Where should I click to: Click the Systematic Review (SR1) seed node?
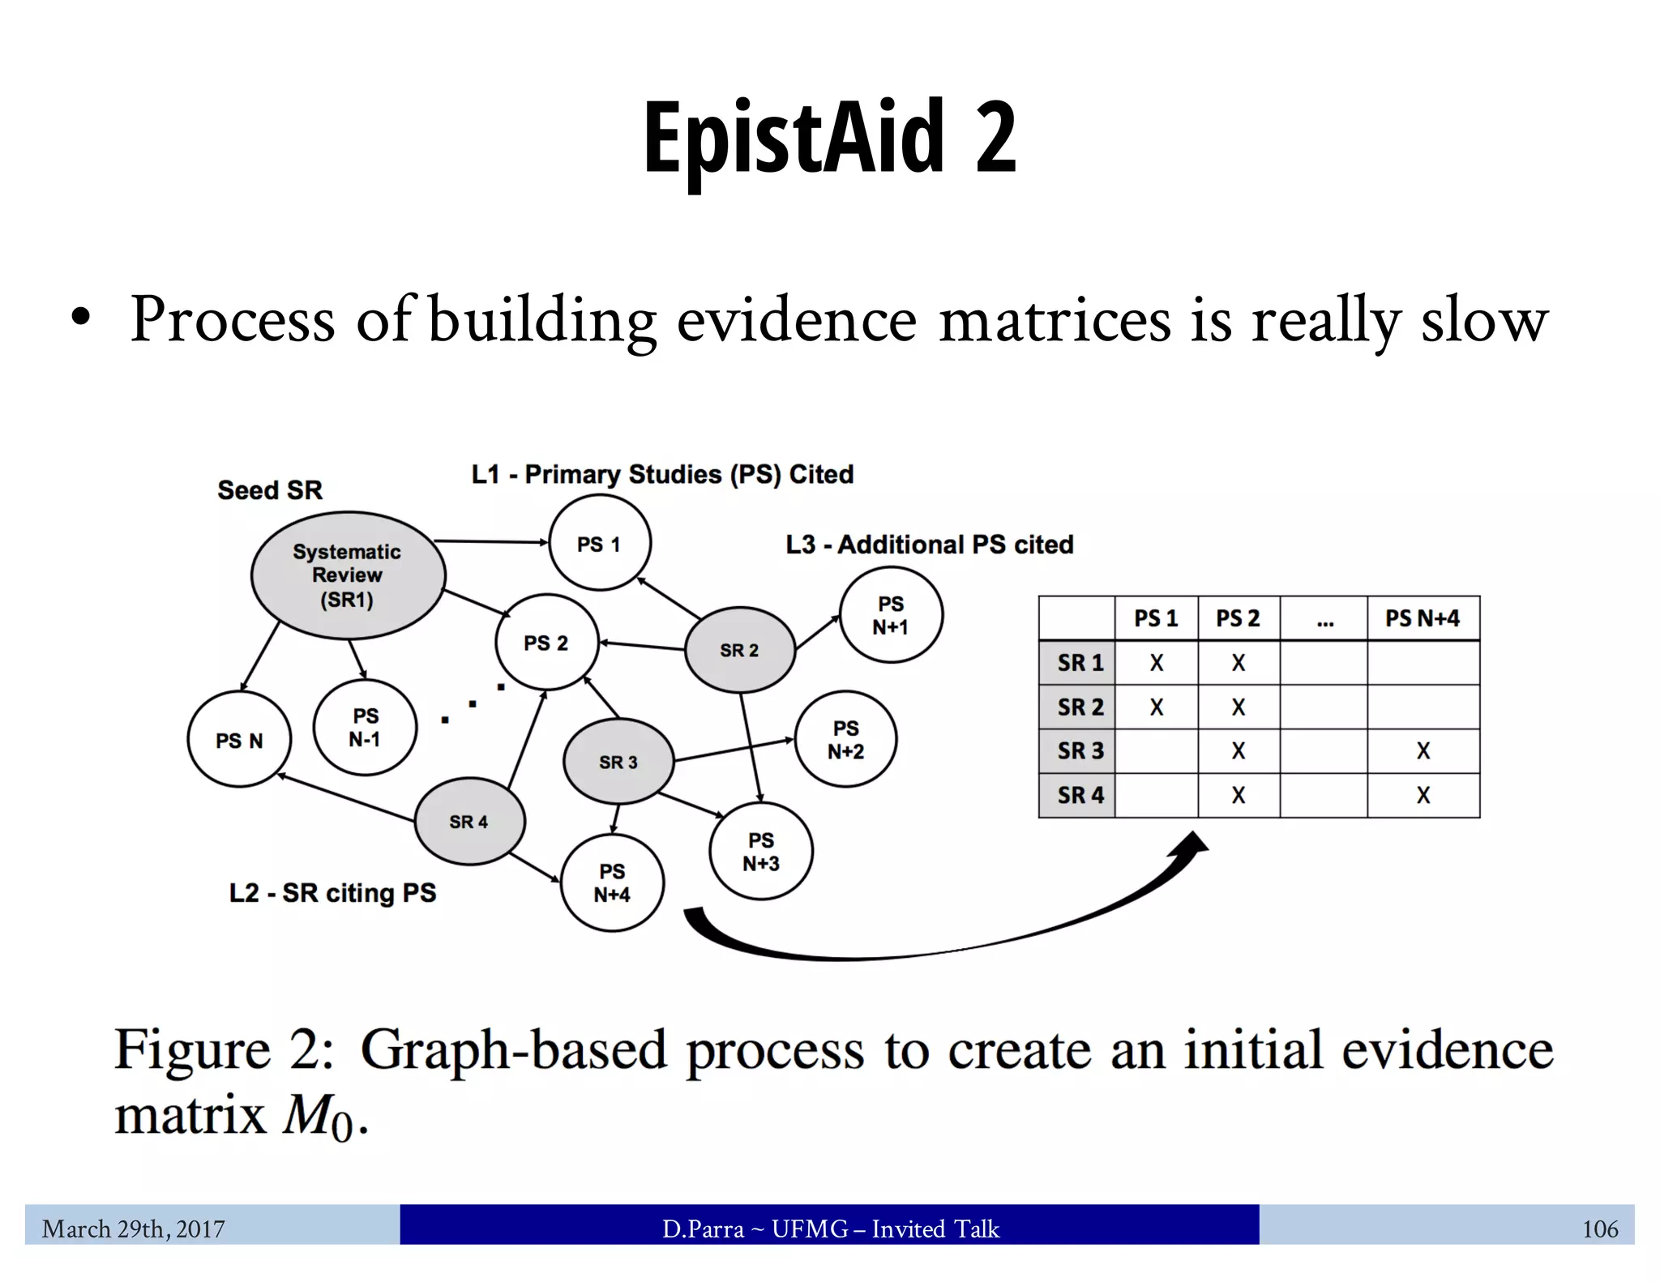348,575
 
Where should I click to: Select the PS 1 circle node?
600,544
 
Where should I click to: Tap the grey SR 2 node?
739,651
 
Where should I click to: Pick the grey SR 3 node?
618,762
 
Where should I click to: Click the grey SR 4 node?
469,822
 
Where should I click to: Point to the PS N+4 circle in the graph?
612,883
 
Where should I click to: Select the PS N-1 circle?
365,728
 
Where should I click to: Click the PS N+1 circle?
891,615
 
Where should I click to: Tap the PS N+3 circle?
761,852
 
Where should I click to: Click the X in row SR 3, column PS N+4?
1423,751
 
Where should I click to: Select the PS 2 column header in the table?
1238,618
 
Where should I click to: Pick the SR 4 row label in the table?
1079,795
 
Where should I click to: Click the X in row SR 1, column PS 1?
1156,663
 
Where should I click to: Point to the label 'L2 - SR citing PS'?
332,893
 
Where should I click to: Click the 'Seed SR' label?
270,490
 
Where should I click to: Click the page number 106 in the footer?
1600,1229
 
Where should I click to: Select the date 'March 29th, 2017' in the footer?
134,1229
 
